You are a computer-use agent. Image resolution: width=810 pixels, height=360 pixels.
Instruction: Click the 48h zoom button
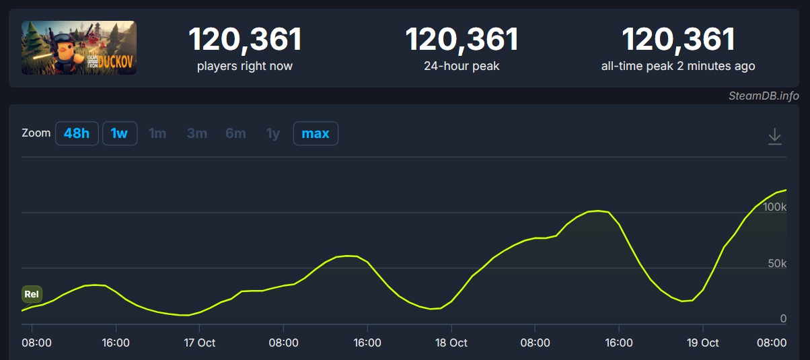76,133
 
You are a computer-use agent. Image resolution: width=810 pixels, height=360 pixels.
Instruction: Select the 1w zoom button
119,133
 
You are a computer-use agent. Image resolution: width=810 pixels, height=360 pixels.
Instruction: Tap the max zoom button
316,133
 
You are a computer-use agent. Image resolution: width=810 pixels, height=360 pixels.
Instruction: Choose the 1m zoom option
157,133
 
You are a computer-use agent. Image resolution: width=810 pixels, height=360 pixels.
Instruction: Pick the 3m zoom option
197,133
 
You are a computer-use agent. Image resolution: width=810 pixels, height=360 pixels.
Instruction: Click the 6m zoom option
235,133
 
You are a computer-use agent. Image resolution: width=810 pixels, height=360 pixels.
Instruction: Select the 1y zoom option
273,133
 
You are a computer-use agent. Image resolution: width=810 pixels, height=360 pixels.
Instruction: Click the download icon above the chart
775,136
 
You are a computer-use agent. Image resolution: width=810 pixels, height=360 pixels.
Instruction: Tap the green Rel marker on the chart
32,294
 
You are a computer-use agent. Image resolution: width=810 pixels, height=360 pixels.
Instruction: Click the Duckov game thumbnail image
79,47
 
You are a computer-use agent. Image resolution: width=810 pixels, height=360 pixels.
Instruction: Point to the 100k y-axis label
774,207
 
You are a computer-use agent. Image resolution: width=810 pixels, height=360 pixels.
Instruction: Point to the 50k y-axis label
777,263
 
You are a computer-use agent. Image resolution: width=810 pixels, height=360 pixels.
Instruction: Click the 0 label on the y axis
783,318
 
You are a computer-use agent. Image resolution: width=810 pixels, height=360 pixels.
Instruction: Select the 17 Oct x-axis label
199,343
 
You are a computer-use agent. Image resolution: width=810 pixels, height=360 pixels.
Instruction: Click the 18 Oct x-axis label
451,343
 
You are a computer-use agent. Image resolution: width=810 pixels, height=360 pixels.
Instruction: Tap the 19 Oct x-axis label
702,343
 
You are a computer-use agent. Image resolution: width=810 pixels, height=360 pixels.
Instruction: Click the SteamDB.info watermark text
764,96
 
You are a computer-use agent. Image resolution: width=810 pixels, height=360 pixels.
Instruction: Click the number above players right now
245,40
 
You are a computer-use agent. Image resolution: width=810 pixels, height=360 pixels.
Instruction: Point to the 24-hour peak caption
462,66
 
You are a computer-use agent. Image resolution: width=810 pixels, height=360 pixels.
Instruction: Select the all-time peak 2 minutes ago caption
677,66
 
